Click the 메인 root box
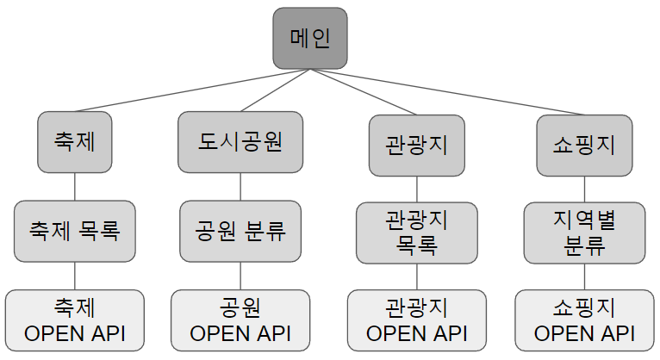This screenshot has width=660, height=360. coord(310,39)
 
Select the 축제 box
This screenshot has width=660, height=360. coord(74,141)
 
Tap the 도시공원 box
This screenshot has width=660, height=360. coord(240,141)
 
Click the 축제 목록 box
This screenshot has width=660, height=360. coord(74,231)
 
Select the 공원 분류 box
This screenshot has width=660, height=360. coord(240,231)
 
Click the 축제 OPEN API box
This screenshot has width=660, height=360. coord(74,320)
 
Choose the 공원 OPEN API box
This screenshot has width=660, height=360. coord(240,320)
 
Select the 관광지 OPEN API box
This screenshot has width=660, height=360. coord(417,320)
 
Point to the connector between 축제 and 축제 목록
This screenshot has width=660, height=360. coord(74,186)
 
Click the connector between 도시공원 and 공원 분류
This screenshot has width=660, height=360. coord(240,186)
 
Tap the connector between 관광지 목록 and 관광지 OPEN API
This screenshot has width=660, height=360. coord(417,276)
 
